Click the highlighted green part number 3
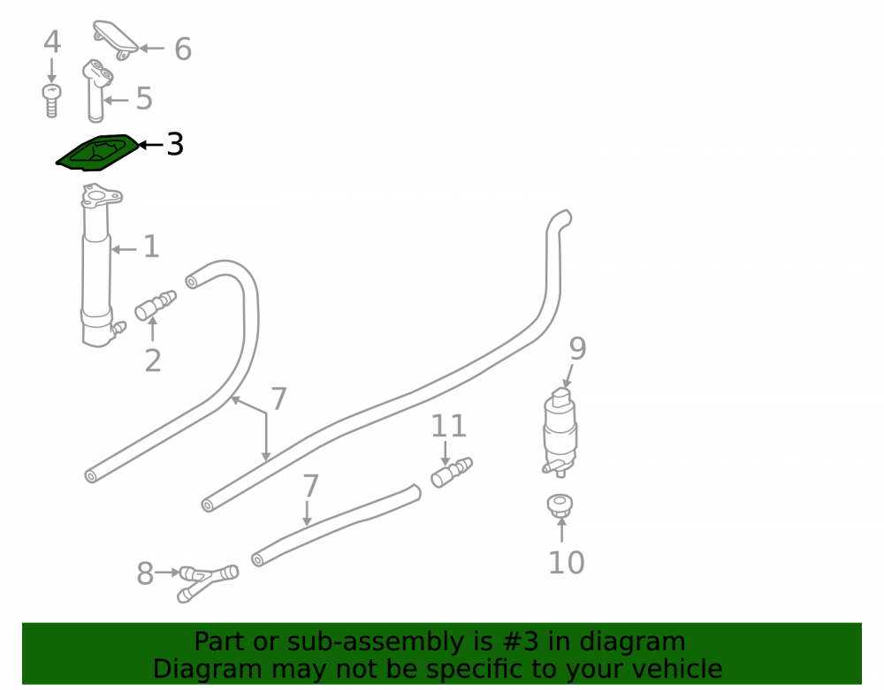[97, 152]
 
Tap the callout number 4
[52, 42]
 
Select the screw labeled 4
[51, 101]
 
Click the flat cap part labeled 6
[116, 40]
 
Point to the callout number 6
[183, 49]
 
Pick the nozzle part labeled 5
[96, 90]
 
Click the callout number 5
[144, 99]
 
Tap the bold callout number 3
[175, 145]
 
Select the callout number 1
[151, 247]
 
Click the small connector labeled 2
[155, 305]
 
